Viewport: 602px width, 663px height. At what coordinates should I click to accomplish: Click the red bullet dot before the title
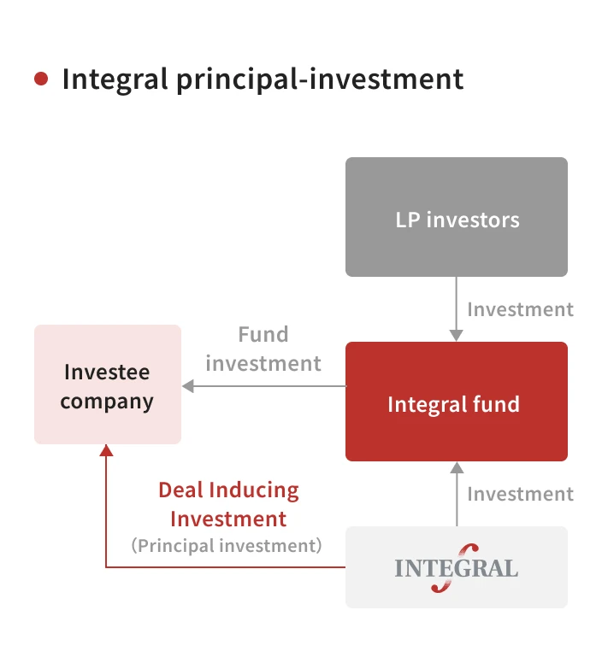(x=41, y=79)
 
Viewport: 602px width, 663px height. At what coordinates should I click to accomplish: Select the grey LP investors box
(x=457, y=217)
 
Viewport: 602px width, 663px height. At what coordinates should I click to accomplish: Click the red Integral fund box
(x=457, y=402)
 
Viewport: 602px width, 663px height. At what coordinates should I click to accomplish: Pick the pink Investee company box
(x=108, y=384)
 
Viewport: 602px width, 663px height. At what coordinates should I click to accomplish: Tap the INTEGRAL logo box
(x=457, y=567)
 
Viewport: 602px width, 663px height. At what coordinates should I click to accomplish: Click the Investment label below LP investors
(x=520, y=309)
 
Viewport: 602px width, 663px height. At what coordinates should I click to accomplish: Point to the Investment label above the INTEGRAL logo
(x=520, y=494)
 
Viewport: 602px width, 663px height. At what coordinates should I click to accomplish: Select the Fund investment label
(x=263, y=349)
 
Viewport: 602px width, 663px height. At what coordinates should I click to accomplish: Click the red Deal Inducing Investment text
(x=228, y=504)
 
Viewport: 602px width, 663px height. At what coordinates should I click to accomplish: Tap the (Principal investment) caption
(x=227, y=545)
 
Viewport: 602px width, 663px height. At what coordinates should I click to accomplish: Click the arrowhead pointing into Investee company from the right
(x=188, y=386)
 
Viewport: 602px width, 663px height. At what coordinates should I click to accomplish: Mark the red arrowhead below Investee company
(x=106, y=450)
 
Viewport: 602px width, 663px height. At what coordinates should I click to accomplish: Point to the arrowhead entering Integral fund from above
(x=457, y=336)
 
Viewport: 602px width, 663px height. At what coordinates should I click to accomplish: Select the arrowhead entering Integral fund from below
(x=457, y=467)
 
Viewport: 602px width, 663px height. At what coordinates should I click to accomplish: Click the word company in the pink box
(x=108, y=401)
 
